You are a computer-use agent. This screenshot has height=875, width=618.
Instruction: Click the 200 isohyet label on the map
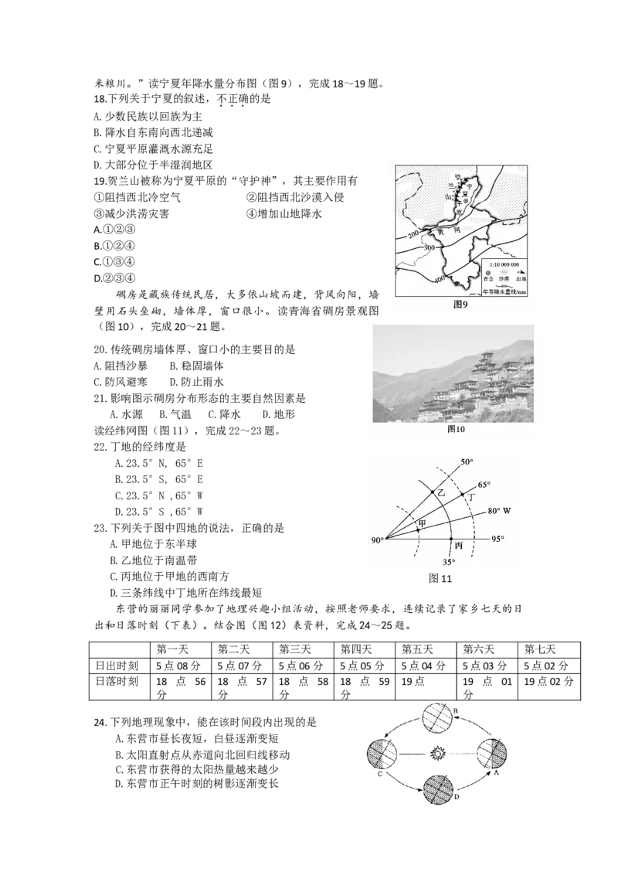413,233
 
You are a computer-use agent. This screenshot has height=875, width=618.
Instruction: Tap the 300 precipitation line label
430,247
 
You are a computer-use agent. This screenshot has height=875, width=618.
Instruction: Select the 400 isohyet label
440,278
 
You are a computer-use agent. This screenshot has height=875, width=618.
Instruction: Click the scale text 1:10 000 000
504,264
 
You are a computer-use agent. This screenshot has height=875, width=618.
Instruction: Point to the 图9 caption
461,305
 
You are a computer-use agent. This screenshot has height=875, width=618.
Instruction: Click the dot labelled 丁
463,494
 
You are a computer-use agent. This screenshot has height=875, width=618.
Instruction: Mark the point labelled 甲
418,530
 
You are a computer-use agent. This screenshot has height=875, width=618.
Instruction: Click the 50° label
467,462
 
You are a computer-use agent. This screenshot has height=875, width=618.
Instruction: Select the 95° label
498,539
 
